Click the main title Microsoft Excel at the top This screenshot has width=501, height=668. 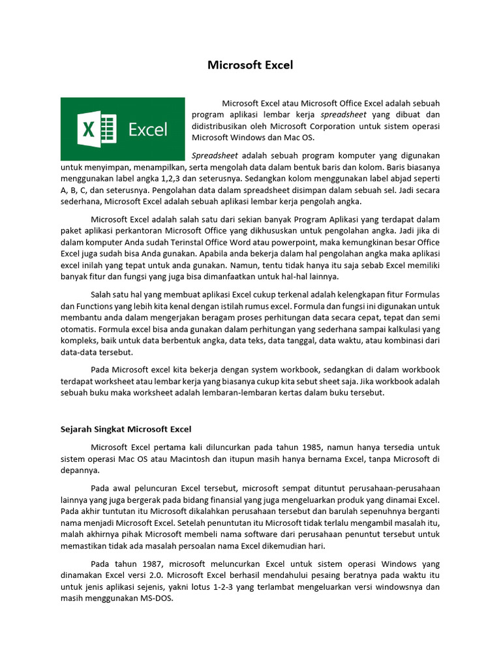[250, 65]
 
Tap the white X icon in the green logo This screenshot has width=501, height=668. [89, 129]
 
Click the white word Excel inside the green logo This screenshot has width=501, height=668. [148, 129]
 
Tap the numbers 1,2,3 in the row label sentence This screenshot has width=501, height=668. [171, 179]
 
